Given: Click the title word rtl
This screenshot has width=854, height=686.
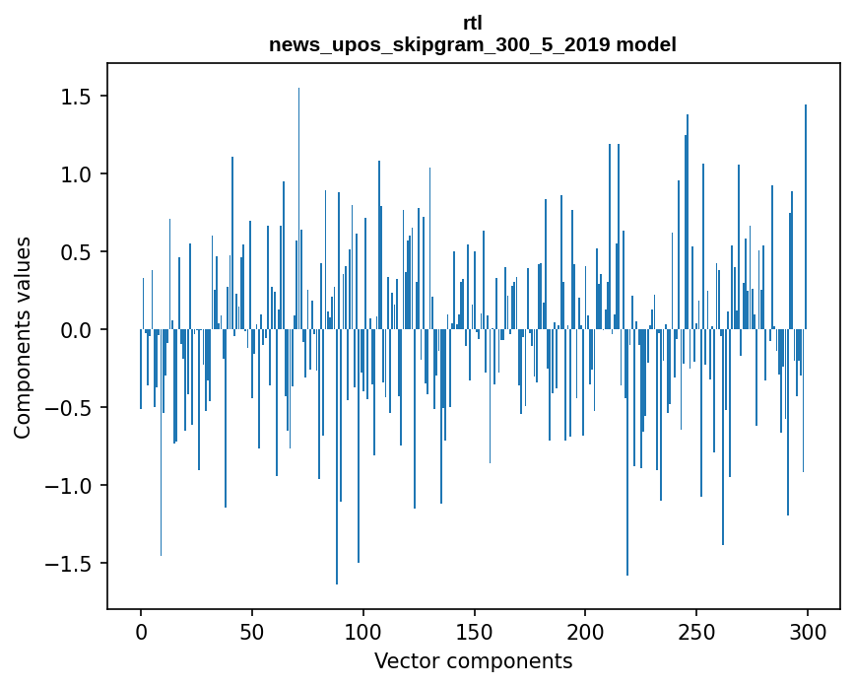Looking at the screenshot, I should click(x=473, y=23).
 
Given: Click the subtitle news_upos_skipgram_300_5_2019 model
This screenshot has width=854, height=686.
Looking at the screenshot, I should click(x=473, y=44).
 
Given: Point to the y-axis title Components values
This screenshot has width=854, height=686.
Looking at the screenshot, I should click(x=23, y=337).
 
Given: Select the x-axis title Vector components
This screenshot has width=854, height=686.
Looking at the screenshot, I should click(x=473, y=660).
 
